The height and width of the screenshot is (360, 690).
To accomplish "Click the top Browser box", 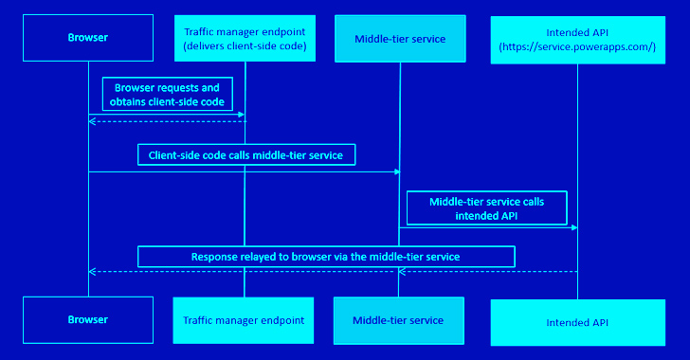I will [87, 39].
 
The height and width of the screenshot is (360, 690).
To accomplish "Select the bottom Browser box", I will [87, 320].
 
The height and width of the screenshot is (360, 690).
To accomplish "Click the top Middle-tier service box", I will [398, 39].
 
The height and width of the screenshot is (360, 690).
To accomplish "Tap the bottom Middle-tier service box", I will [398, 320].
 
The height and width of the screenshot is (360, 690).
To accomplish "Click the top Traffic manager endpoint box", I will [245, 39].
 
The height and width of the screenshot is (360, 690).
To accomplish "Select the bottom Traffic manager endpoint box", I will [245, 320].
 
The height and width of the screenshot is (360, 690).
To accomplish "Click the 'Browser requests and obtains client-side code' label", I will [167, 94].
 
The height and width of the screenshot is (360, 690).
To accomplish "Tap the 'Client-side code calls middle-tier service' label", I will [245, 153].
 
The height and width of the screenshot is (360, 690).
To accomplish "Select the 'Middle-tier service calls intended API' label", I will [486, 207].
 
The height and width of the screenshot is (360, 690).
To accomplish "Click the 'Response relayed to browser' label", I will [326, 256].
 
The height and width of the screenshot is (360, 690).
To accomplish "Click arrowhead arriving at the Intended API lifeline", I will [573, 227].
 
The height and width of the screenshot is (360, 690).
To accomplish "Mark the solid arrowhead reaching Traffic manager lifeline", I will [242, 115].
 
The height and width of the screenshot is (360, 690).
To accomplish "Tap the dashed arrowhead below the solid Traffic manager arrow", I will [92, 121].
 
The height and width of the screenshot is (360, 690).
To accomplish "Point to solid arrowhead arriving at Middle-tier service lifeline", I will [395, 172].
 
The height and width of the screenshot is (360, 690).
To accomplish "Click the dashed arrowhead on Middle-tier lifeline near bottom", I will [402, 272].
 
